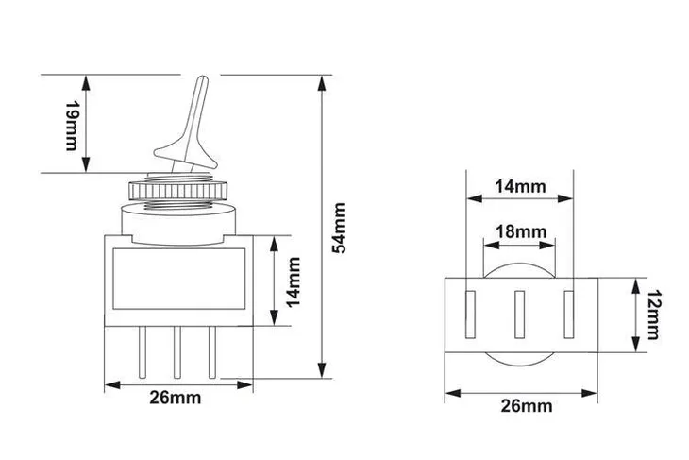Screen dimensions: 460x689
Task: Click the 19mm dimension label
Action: [x=71, y=124]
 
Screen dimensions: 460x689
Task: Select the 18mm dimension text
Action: [x=520, y=231]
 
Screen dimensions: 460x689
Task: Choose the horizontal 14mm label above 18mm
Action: [x=520, y=186]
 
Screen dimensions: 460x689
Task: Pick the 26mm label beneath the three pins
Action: [x=176, y=398]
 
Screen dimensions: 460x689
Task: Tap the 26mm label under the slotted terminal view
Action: [x=525, y=406]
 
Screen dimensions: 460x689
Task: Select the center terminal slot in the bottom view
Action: [x=519, y=315]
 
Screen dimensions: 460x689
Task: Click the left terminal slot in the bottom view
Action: [x=471, y=315]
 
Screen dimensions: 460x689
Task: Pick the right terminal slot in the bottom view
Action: [x=568, y=315]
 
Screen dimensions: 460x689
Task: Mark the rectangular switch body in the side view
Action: [x=177, y=279]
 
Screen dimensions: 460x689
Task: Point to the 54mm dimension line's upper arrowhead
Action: [x=323, y=77]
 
